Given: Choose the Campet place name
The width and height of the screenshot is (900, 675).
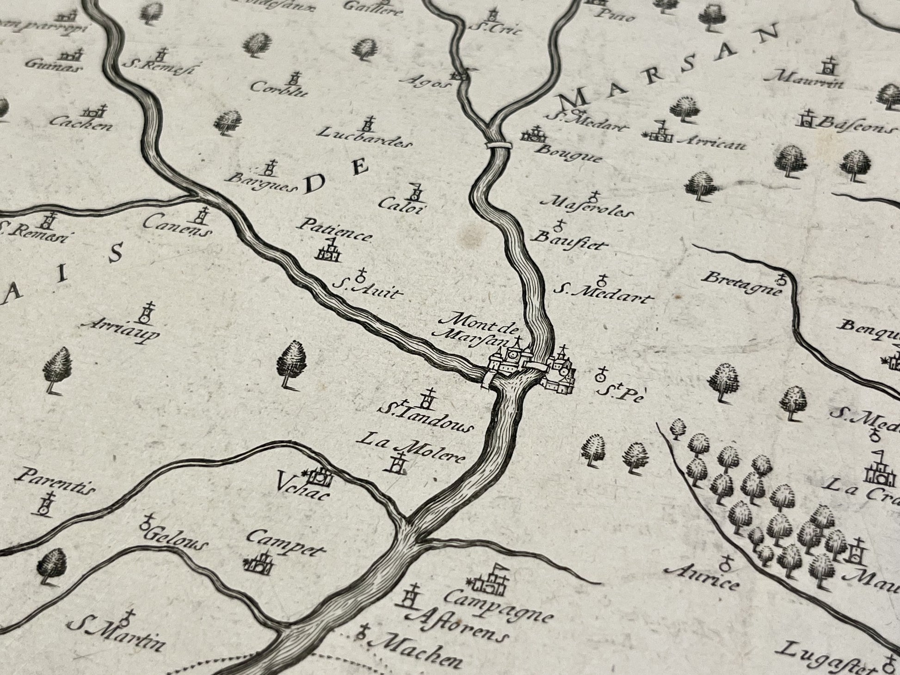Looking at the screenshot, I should coord(286,544).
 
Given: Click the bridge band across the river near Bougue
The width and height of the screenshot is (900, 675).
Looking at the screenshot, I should coord(497,145).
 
